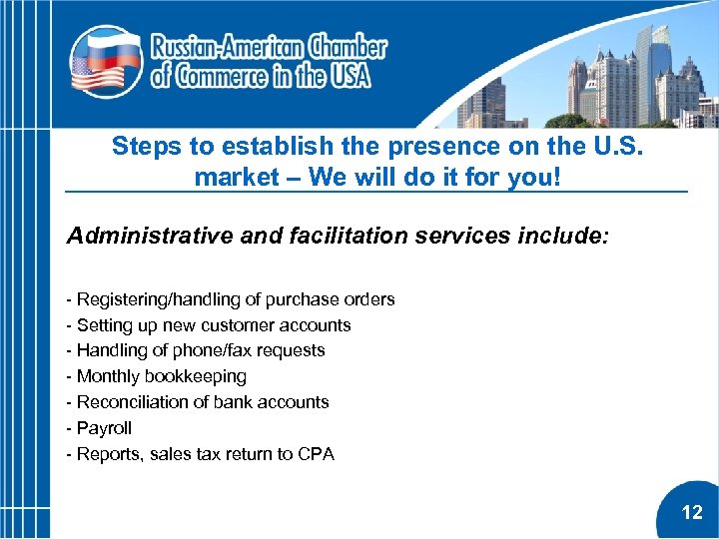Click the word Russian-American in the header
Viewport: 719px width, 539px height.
(227, 47)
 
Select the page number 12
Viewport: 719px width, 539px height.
(692, 513)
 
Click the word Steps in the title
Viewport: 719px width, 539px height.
(147, 147)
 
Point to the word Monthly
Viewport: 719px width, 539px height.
(109, 376)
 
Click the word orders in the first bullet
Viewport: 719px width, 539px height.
(369, 299)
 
